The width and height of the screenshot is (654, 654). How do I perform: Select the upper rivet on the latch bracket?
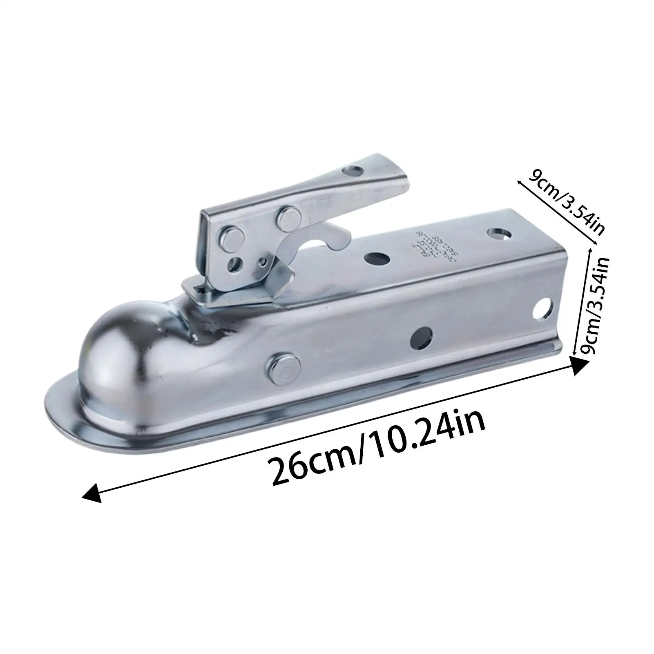tap(287, 218)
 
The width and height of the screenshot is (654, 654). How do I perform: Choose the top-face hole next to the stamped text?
tap(376, 258)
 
